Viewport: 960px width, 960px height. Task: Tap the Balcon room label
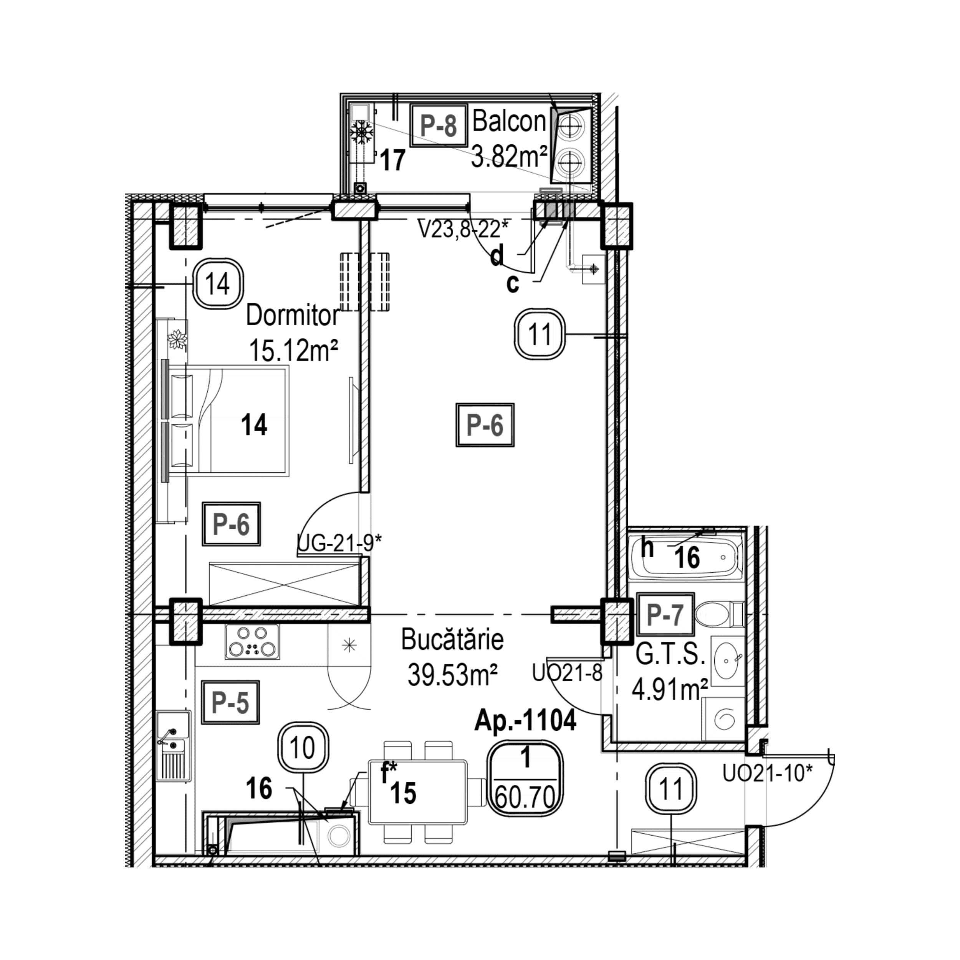pyautogui.click(x=509, y=122)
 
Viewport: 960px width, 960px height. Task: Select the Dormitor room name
pyautogui.click(x=293, y=316)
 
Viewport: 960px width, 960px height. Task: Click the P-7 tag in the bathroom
pyautogui.click(x=665, y=615)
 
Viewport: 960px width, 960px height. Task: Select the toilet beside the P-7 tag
pyautogui.click(x=718, y=615)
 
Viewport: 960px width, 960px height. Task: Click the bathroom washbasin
pyautogui.click(x=727, y=660)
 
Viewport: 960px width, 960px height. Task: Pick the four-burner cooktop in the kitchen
pyautogui.click(x=252, y=642)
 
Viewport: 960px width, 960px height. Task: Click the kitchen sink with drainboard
pyautogui.click(x=173, y=745)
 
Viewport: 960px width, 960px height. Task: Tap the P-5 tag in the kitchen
pyautogui.click(x=230, y=702)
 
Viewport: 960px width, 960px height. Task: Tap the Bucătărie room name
pyautogui.click(x=452, y=641)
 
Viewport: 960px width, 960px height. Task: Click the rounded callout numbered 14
pyautogui.click(x=218, y=284)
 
